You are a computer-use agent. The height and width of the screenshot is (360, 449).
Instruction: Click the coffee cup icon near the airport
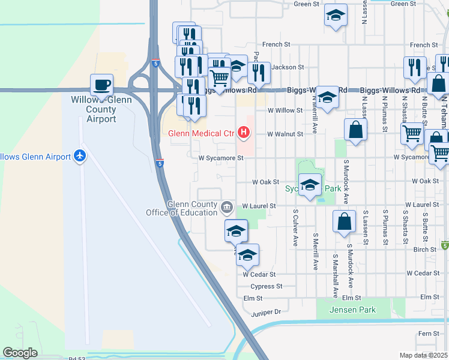click(101, 85)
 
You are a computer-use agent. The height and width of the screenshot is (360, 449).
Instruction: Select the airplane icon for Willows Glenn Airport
click(79, 157)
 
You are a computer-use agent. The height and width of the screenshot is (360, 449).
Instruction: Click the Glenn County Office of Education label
click(182, 208)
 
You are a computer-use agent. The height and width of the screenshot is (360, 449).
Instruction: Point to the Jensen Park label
click(354, 310)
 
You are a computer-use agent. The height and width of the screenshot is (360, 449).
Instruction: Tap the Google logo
click(20, 353)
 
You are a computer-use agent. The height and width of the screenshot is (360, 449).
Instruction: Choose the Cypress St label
click(267, 287)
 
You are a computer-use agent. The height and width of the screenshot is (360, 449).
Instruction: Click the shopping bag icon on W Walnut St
click(355, 130)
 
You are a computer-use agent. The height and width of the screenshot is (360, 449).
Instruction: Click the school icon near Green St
click(336, 16)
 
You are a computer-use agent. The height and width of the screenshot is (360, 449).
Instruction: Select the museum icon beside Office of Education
click(227, 208)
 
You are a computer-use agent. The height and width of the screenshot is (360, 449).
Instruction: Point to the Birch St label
click(424, 249)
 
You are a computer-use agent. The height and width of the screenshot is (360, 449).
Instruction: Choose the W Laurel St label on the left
click(259, 206)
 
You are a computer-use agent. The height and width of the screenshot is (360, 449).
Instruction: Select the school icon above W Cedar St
click(247, 255)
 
